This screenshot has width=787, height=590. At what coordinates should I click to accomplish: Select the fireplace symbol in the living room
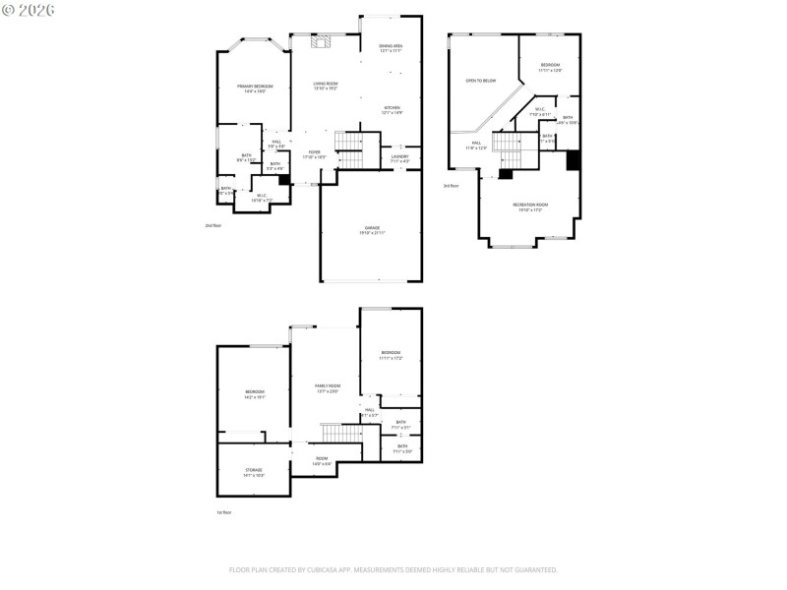(323, 41)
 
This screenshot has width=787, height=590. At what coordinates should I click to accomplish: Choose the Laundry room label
(399, 158)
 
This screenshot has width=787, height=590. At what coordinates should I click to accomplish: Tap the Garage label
(371, 230)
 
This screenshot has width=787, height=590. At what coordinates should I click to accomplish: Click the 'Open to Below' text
(481, 81)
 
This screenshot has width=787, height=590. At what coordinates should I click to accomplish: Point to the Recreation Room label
(530, 206)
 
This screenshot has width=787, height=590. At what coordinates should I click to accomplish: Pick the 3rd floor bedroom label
(550, 67)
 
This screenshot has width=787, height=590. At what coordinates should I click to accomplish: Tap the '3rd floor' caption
(451, 186)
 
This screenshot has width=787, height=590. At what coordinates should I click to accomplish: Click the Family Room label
(327, 386)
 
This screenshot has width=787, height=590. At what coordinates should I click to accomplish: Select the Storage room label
(254, 471)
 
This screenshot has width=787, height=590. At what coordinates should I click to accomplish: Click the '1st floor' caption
(224, 512)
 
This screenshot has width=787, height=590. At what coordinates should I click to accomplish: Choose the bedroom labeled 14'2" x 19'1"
(255, 394)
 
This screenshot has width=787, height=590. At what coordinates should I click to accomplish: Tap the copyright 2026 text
(30, 10)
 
